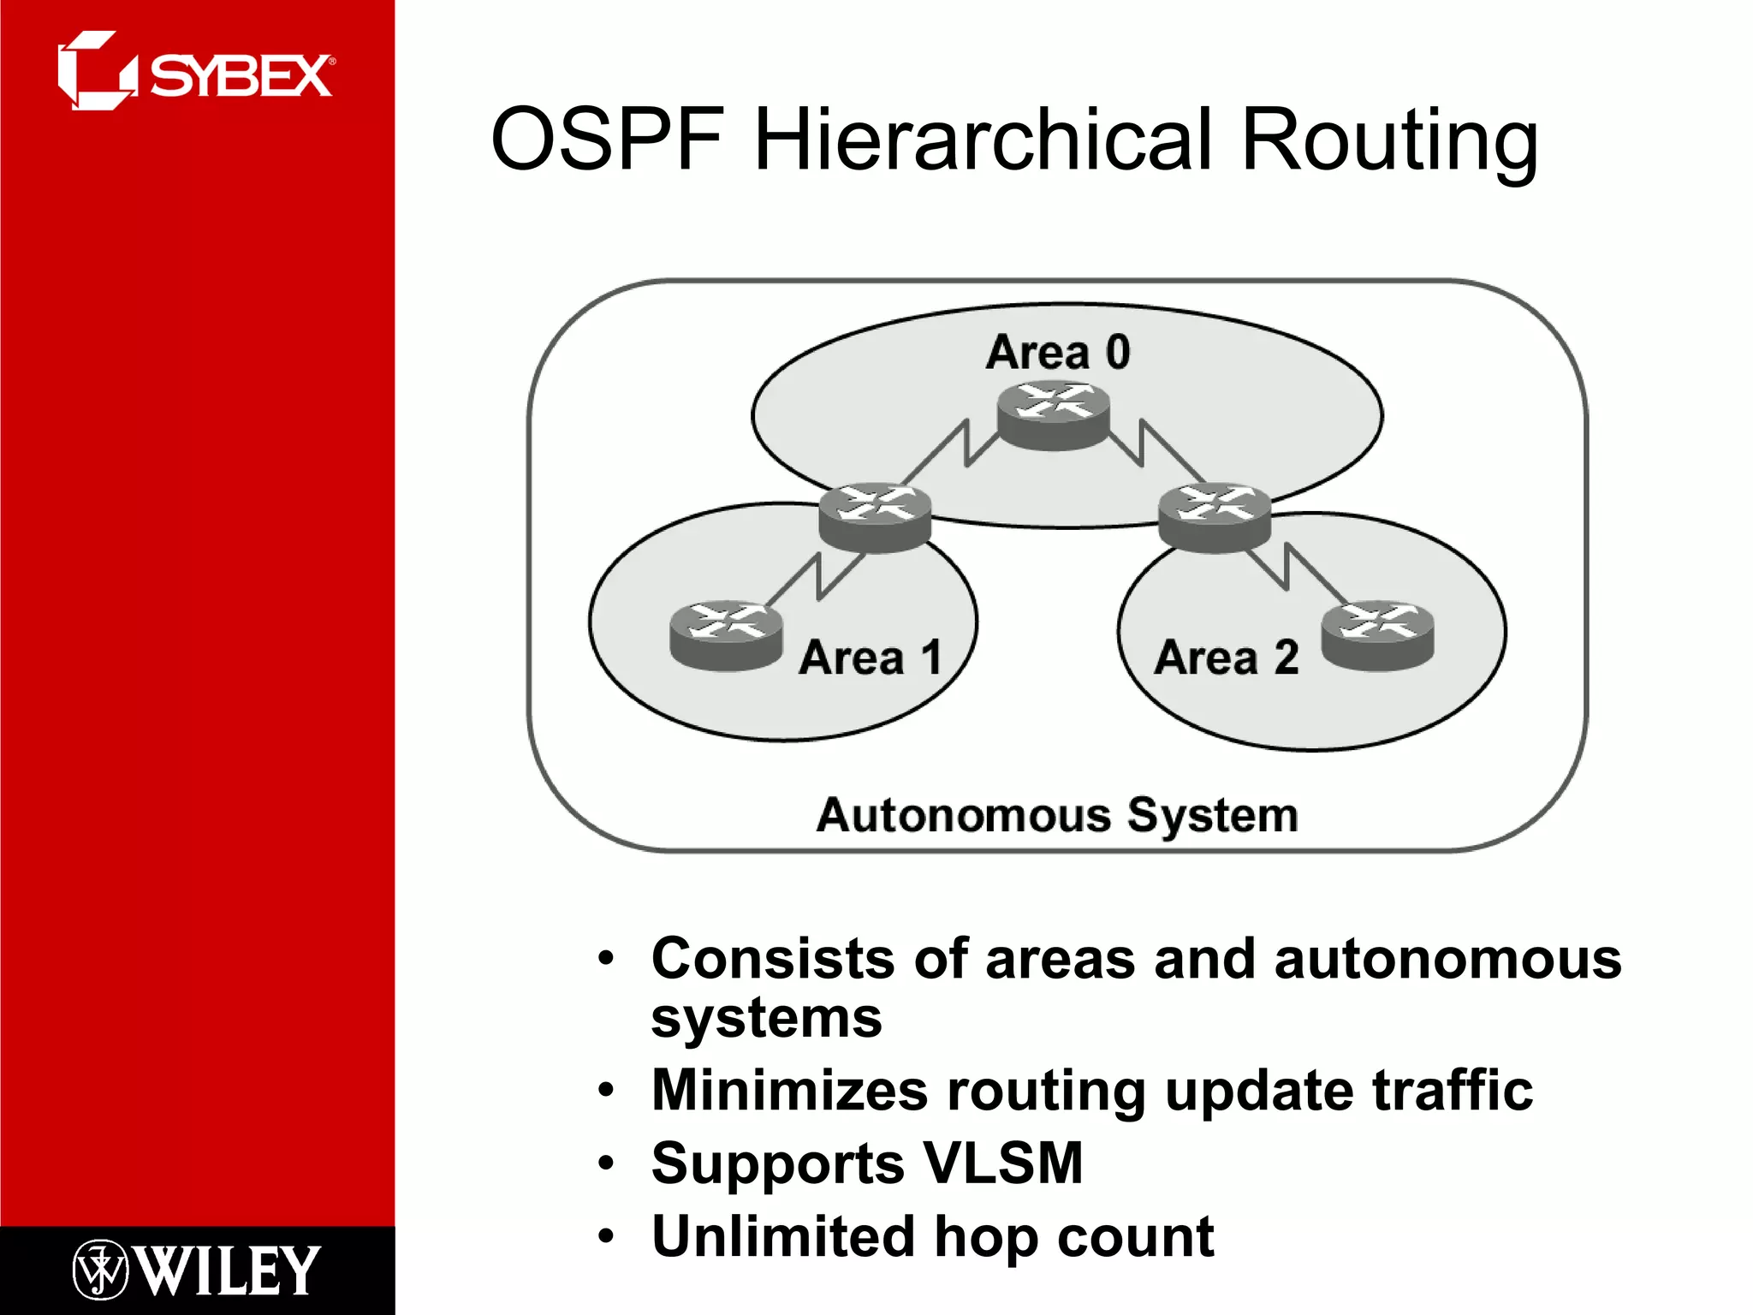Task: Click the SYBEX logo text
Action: [241, 76]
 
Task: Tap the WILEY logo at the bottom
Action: [228, 1270]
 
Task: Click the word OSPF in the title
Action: [609, 140]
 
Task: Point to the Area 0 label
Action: [1058, 352]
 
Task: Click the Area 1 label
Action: [870, 657]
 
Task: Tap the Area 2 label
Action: [1226, 657]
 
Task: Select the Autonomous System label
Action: [1057, 814]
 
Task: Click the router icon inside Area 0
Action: [1054, 414]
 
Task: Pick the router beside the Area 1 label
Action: [726, 634]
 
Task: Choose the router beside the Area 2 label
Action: [1377, 636]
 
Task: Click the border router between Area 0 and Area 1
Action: [874, 517]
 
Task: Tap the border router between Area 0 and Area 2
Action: [1214, 517]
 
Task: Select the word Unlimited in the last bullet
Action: [782, 1236]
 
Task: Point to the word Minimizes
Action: [789, 1090]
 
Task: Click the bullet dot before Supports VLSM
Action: [607, 1163]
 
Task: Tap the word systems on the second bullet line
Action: [766, 1019]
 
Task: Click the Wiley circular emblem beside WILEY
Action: [100, 1270]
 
